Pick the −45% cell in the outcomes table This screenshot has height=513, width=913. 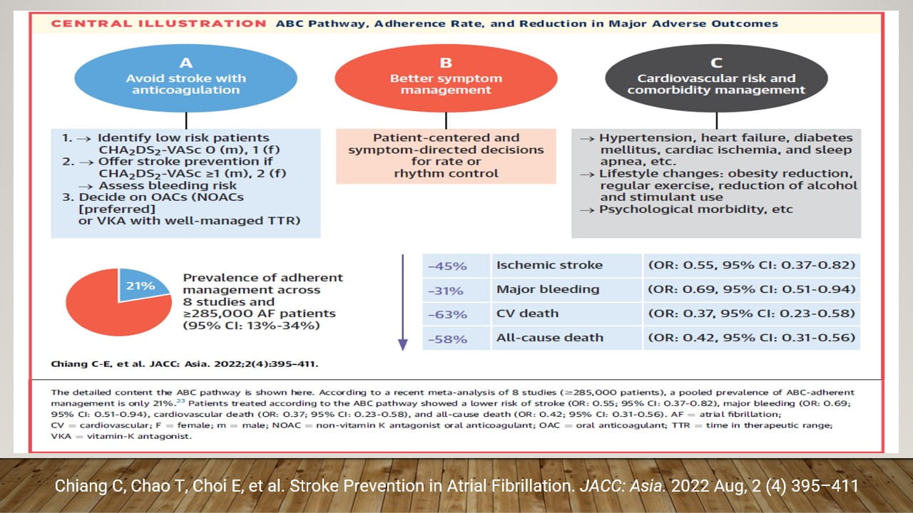(x=447, y=266)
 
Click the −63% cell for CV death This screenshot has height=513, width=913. (x=447, y=314)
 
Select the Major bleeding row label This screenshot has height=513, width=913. (x=548, y=290)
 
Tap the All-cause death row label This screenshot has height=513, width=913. (x=549, y=338)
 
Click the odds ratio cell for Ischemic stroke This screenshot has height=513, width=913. (x=751, y=266)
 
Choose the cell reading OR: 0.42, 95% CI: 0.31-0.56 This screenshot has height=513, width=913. (x=751, y=338)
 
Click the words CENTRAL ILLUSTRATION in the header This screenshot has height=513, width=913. (x=159, y=24)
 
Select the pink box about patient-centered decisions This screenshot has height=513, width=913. (x=446, y=155)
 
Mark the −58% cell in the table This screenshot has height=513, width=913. (x=447, y=338)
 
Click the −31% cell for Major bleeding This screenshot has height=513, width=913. (x=447, y=290)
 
